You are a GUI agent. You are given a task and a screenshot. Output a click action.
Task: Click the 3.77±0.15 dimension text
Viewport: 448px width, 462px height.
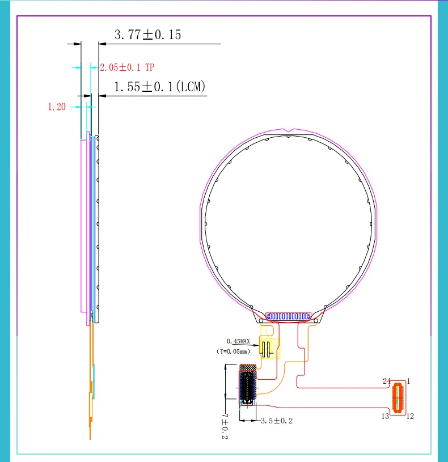coord(147,35)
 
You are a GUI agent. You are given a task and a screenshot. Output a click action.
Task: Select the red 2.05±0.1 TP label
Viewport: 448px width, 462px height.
coord(127,67)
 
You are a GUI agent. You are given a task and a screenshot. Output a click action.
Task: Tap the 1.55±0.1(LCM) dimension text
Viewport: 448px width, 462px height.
coord(159,87)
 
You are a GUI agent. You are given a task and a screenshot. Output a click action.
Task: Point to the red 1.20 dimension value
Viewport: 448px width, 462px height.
coord(57,107)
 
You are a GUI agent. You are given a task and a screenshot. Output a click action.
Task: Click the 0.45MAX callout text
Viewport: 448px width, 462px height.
coord(238,341)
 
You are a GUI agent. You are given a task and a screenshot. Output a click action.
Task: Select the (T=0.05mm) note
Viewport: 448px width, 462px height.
coord(234,351)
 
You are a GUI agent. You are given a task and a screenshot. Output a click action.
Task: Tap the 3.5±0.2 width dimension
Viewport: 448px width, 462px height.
coord(277,421)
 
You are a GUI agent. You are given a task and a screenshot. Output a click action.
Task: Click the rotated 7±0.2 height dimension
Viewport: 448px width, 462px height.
coord(225,426)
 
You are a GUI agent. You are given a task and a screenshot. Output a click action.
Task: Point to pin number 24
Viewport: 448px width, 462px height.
coord(386,381)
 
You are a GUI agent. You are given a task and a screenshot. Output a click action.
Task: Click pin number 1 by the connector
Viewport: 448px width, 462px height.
coord(408,381)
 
